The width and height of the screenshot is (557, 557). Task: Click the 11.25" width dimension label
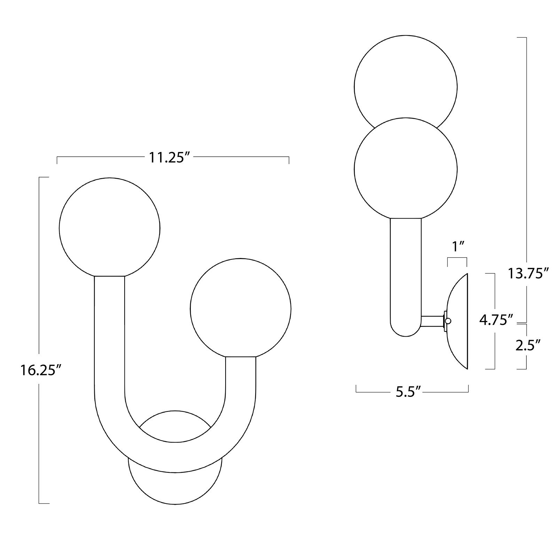[x=171, y=157]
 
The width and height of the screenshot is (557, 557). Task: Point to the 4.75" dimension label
[x=496, y=320]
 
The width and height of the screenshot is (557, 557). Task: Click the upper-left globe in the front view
[x=110, y=228]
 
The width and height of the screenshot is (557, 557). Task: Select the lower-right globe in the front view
[x=240, y=308]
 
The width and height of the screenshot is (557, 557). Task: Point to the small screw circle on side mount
[x=448, y=321]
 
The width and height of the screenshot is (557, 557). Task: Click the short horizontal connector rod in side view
[x=432, y=321]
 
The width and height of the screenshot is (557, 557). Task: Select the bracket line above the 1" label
[x=457, y=258]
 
